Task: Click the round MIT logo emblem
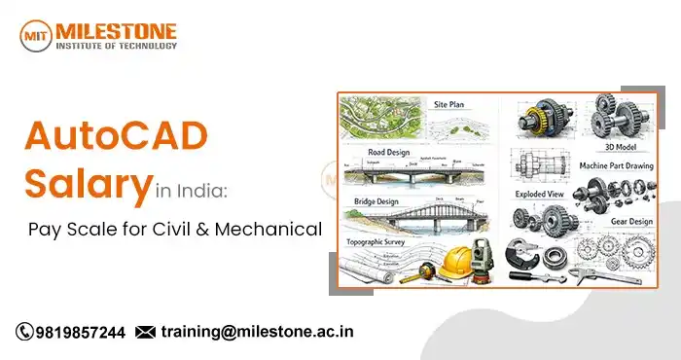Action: pos(37,35)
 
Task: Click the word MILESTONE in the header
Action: pos(118,29)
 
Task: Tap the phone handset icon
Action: pos(24,332)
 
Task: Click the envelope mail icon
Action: pos(145,332)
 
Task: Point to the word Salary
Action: pos(89,184)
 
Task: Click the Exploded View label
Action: pos(540,195)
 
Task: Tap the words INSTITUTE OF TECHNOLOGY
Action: pos(118,45)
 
